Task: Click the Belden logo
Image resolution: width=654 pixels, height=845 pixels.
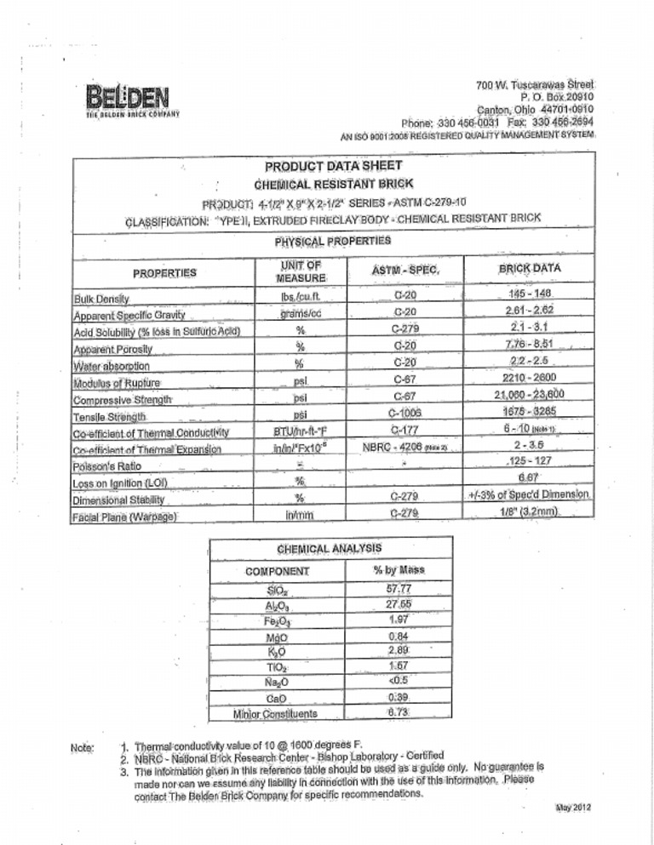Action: [x=129, y=97]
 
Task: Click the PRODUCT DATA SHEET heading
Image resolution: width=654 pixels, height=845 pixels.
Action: [x=326, y=165]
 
